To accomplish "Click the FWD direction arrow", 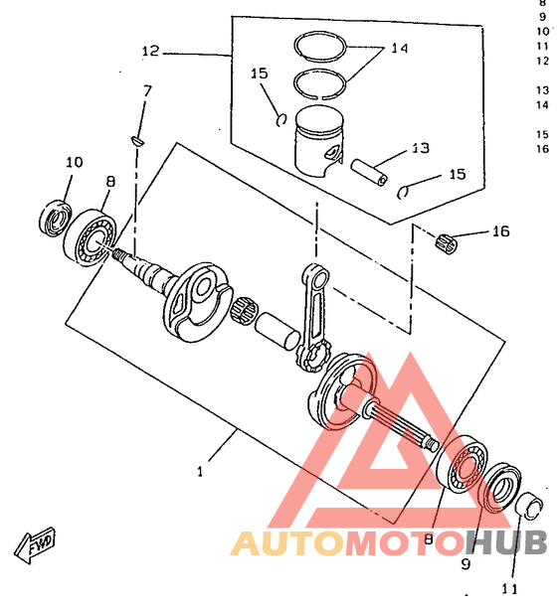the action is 35,544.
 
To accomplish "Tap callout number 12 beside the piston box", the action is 150,51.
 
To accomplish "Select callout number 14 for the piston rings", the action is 400,48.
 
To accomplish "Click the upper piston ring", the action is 319,47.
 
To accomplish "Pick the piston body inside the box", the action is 319,141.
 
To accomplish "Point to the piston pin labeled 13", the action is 369,173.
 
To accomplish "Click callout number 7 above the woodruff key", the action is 147,90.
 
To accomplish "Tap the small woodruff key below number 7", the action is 137,141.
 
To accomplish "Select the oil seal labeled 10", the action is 56,219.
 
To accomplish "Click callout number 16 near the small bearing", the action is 501,231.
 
